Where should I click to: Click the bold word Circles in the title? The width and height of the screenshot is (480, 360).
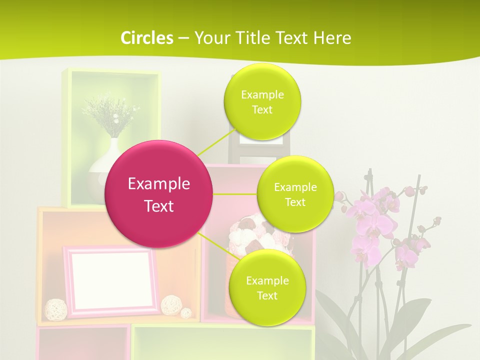point(146,37)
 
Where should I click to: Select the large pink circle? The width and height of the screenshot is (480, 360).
point(159,194)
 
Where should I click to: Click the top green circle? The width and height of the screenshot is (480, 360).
point(262,101)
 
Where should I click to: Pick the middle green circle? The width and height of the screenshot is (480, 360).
point(295,194)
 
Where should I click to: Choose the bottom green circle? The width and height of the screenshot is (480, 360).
point(267,287)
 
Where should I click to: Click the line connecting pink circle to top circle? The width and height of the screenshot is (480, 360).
point(210,147)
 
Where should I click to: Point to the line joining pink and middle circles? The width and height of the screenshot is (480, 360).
point(235,194)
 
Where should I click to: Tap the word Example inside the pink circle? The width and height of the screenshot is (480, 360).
point(159,183)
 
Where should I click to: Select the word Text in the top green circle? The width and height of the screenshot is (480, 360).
point(262,110)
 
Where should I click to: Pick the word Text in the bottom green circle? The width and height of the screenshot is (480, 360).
point(267,295)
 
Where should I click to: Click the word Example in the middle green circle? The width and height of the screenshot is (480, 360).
point(295,187)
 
